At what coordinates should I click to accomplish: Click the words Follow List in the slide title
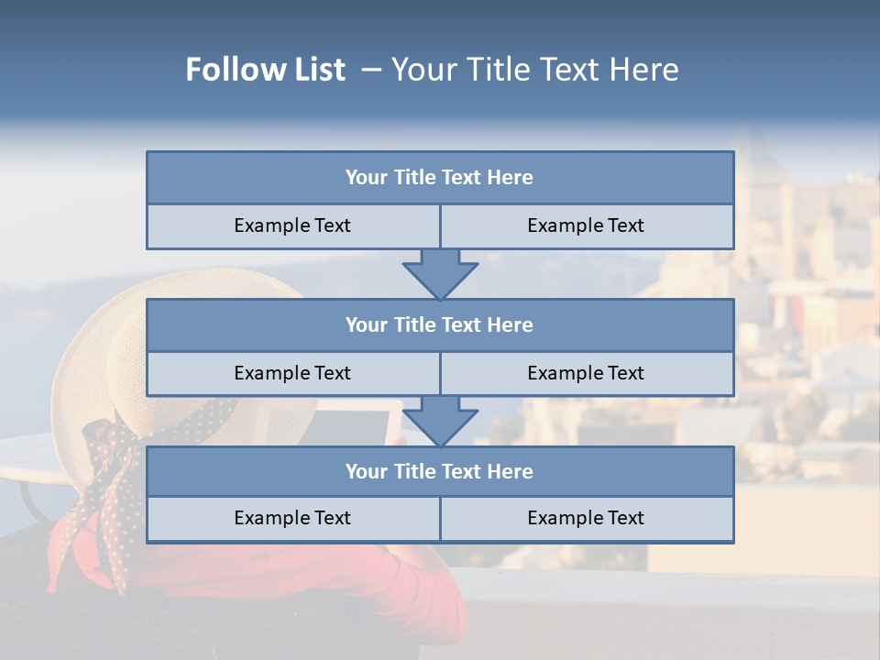(x=265, y=70)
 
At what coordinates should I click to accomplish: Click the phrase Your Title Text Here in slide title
(x=534, y=70)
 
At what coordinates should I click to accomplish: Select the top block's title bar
(x=440, y=178)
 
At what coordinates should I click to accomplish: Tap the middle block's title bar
(x=440, y=325)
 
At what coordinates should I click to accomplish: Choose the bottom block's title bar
(x=440, y=472)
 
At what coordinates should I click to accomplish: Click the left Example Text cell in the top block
(x=292, y=226)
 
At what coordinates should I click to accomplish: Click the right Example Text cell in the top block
(x=586, y=226)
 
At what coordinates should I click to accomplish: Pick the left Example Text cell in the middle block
(x=292, y=374)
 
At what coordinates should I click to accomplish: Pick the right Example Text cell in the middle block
(x=586, y=374)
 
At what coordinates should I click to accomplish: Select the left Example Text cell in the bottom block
(x=292, y=519)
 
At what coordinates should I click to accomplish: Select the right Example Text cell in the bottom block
(x=586, y=519)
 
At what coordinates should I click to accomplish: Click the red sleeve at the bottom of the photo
(x=367, y=587)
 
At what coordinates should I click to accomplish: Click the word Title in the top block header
(x=415, y=178)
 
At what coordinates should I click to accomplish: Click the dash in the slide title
(x=371, y=70)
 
